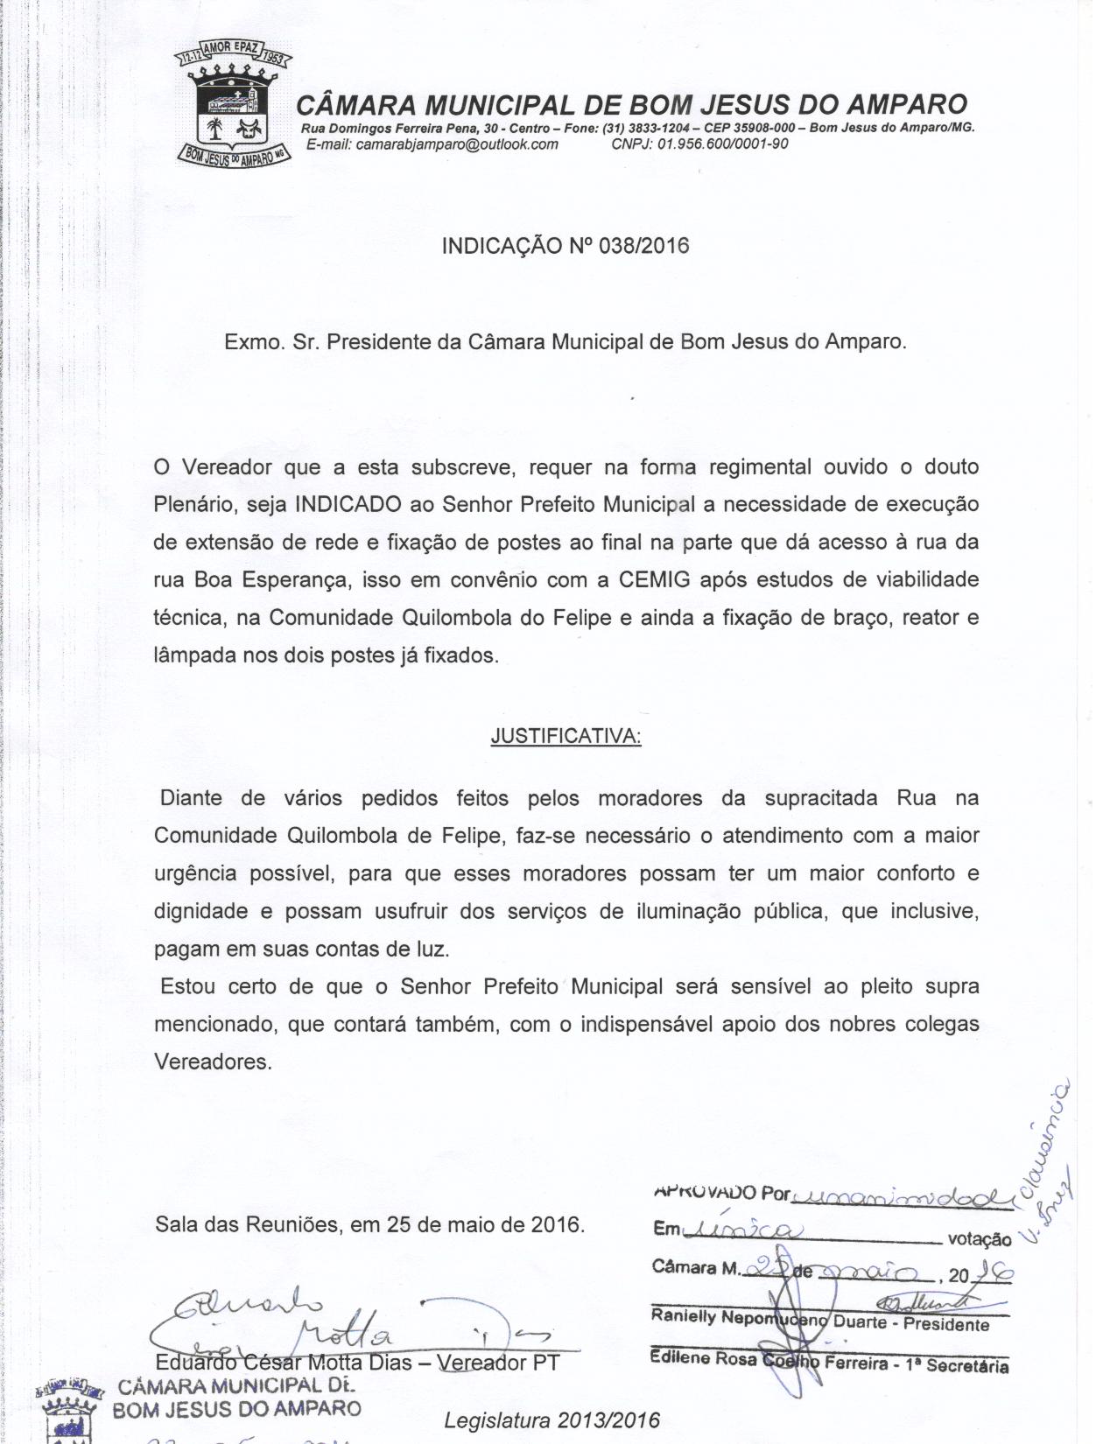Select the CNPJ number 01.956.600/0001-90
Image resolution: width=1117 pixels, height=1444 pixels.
click(x=723, y=144)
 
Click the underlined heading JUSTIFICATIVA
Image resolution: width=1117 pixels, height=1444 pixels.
click(x=566, y=737)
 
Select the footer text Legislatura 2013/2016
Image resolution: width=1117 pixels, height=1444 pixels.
click(x=552, y=1420)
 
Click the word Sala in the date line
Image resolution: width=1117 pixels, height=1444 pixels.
click(x=176, y=1224)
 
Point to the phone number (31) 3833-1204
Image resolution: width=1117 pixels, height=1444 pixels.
click(x=643, y=129)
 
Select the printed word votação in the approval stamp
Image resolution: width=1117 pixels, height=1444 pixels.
click(x=979, y=1239)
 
